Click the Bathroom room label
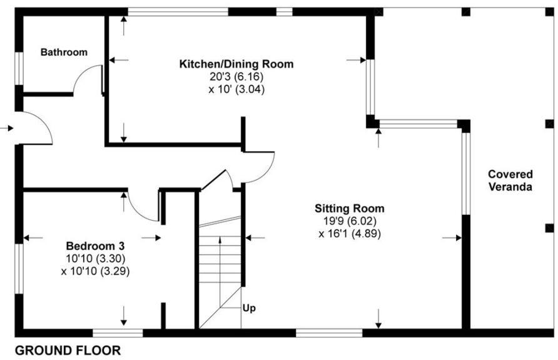[x=64, y=52]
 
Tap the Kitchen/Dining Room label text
[x=236, y=64]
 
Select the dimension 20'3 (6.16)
[x=236, y=77]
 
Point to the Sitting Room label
[x=349, y=209]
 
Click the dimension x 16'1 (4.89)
[x=349, y=234]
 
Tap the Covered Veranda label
[x=510, y=181]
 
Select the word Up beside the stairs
[x=249, y=308]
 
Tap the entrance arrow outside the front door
[x=6, y=128]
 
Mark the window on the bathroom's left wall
[x=19, y=67]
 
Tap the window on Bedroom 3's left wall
[x=19, y=268]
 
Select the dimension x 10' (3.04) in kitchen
[x=236, y=89]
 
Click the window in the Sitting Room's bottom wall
[x=329, y=332]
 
